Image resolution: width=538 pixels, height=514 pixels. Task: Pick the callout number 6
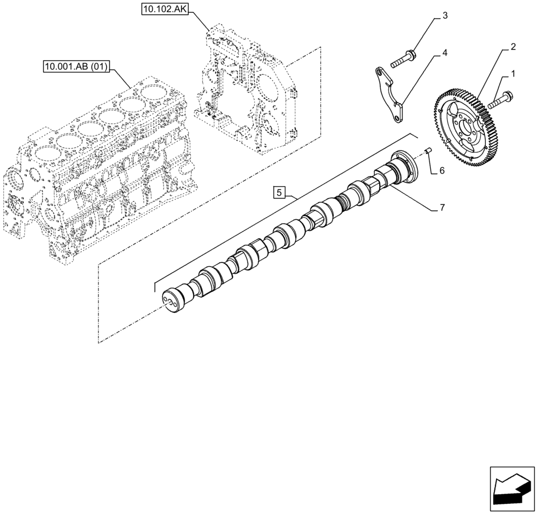441,170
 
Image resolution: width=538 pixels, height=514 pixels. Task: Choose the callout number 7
441,207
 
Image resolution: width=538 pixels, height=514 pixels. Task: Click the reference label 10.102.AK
164,9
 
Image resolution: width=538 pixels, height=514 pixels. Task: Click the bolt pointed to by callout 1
501,99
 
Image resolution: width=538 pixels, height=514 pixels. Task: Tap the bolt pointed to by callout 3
403,59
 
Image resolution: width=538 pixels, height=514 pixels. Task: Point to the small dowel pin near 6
427,152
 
